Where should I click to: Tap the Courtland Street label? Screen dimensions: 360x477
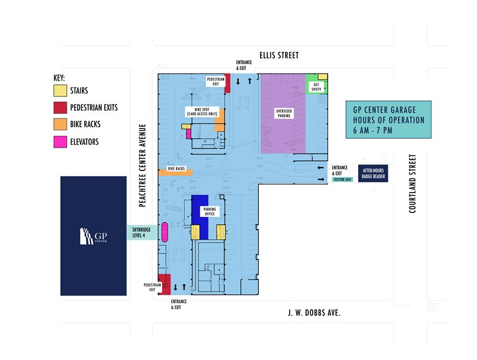coord(412,184)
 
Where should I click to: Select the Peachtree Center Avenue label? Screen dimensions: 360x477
coord(143,165)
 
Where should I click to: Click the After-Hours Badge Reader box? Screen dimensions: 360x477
coord(373,173)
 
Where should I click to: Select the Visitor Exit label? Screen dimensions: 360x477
coord(343,179)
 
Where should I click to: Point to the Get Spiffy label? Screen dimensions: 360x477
coord(316,87)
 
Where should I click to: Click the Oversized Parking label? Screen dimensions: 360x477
coord(283,113)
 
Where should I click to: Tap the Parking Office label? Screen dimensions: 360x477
coord(210,211)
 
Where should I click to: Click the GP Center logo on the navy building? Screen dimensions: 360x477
coord(93,236)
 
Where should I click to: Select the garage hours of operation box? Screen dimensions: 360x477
coord(388,120)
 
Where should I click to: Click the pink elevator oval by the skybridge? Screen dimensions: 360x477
coord(164,232)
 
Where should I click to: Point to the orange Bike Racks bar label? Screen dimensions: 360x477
coord(176,170)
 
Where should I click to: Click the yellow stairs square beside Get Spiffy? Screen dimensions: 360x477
coord(322,77)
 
